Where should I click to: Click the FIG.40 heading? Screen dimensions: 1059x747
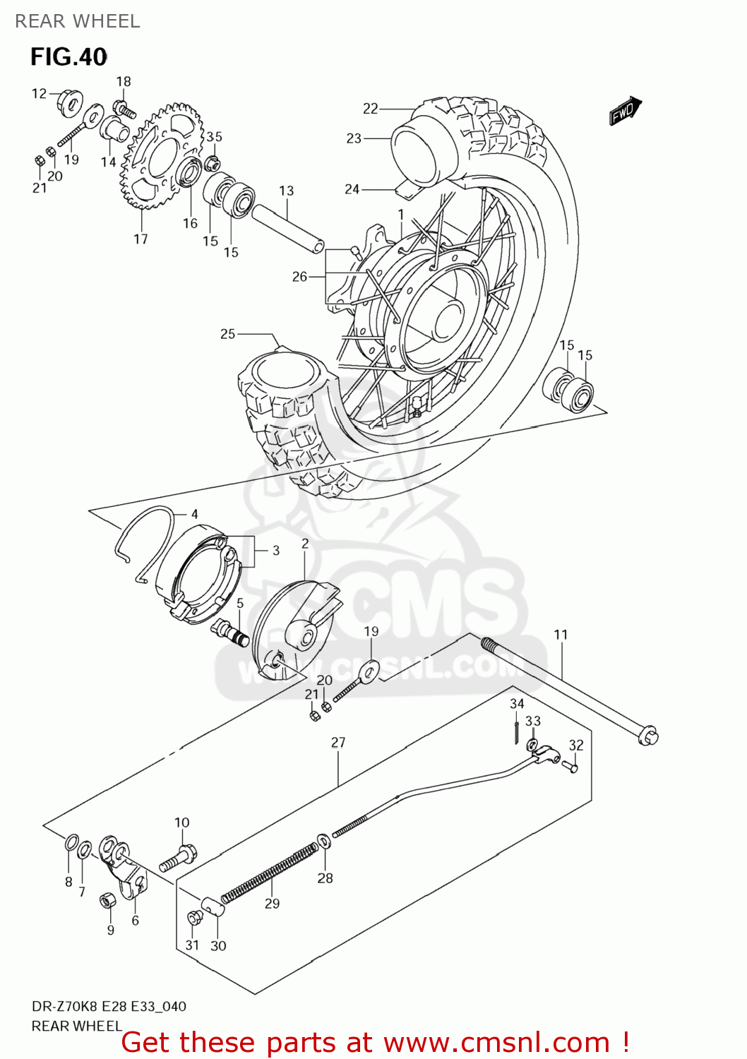pyautogui.click(x=68, y=56)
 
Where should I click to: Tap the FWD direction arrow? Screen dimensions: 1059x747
pyautogui.click(x=625, y=112)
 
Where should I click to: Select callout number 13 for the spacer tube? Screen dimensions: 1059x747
pyautogui.click(x=286, y=191)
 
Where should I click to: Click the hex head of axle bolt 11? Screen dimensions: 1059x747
pyautogui.click(x=647, y=736)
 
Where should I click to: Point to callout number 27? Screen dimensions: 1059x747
pyautogui.click(x=338, y=743)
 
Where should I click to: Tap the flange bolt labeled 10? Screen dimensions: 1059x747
pyautogui.click(x=177, y=858)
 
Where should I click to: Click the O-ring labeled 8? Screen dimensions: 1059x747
pyautogui.click(x=71, y=843)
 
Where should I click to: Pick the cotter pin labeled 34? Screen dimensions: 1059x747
pyautogui.click(x=516, y=729)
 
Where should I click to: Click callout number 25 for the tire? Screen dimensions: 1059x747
pyautogui.click(x=227, y=334)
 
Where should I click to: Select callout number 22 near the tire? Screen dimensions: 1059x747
pyautogui.click(x=371, y=108)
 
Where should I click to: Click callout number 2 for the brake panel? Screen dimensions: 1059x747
pyautogui.click(x=305, y=544)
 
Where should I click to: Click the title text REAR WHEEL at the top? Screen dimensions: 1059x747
pyautogui.click(x=78, y=21)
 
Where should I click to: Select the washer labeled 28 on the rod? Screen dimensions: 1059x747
pyautogui.click(x=323, y=841)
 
